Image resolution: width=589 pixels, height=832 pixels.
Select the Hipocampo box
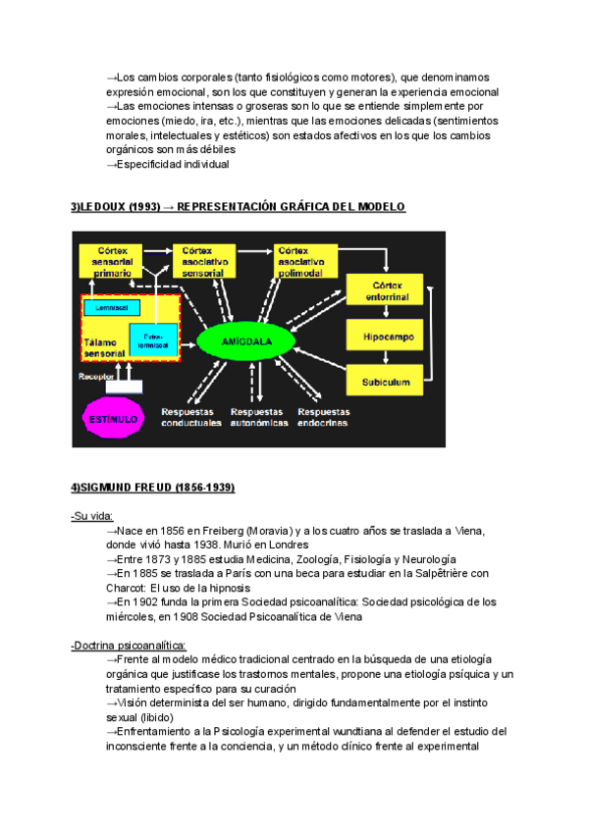[381, 336]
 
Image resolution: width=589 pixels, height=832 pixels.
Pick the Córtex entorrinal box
[381, 288]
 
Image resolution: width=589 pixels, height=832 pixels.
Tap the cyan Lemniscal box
[105, 307]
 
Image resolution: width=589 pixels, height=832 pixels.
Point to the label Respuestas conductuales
[189, 417]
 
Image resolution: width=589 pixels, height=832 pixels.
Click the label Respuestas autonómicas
[258, 417]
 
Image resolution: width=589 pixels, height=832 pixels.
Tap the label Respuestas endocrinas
[325, 417]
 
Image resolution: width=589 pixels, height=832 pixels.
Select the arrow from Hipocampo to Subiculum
[381, 359]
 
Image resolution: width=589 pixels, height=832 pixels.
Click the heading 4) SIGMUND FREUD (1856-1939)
[152, 488]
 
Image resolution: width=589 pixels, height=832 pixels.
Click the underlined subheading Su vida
[92, 516]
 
